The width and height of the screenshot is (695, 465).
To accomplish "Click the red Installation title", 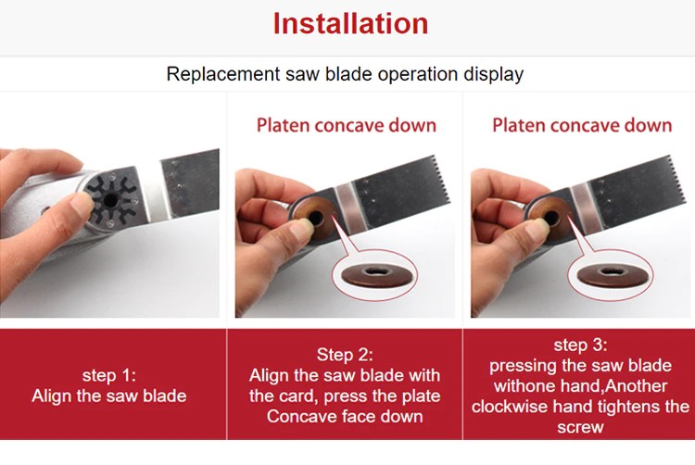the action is [350, 23].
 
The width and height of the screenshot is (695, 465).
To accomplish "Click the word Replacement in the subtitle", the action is [223, 74].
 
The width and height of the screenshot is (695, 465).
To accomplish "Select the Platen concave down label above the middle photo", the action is [347, 125].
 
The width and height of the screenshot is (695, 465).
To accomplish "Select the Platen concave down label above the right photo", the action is [582, 125].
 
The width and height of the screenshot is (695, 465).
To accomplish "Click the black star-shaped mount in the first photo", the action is [110, 200].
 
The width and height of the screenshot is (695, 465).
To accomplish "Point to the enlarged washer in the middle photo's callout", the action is [374, 275].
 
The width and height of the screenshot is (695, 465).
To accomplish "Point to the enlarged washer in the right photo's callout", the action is [612, 275].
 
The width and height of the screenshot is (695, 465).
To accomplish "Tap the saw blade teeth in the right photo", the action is [675, 182].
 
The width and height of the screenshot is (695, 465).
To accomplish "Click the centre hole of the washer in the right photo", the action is [551, 218].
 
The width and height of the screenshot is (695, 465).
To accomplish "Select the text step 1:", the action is [109, 375].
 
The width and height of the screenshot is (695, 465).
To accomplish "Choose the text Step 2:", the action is [345, 355].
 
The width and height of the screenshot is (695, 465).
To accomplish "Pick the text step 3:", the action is [580, 345].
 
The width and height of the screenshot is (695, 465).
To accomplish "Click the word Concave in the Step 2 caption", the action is [297, 417].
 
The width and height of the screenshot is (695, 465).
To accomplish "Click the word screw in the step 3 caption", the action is [580, 427].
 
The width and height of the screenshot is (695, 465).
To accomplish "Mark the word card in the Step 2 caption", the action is [299, 396].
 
